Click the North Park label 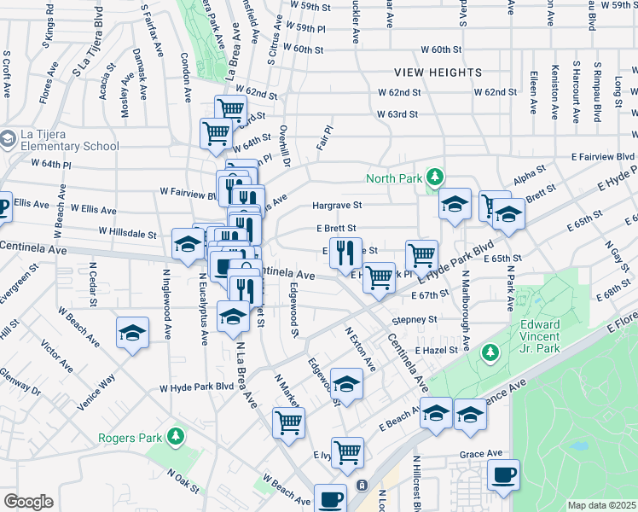click(395, 178)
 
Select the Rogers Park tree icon click(176, 438)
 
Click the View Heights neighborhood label click(438, 73)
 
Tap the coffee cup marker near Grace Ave click(503, 474)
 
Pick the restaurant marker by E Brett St click(345, 253)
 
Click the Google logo click(28, 501)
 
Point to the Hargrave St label click(337, 205)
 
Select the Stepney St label click(415, 320)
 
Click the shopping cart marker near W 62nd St click(229, 109)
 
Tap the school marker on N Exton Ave click(346, 384)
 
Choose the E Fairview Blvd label click(603, 157)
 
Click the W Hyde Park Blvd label click(196, 387)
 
